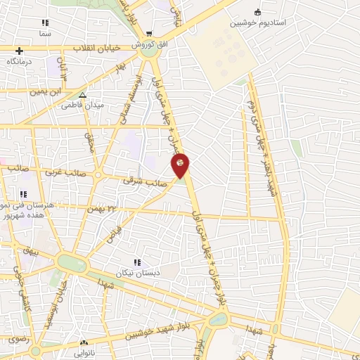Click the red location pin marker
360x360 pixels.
pos(180,165)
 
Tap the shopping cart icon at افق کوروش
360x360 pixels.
pos(149,33)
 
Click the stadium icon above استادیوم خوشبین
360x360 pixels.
pos(257,12)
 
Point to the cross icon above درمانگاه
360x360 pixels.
pos(20,51)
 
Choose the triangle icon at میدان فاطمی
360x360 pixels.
pos(82,95)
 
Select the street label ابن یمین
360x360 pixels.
pos(47,91)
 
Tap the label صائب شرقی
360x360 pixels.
pos(139,181)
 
